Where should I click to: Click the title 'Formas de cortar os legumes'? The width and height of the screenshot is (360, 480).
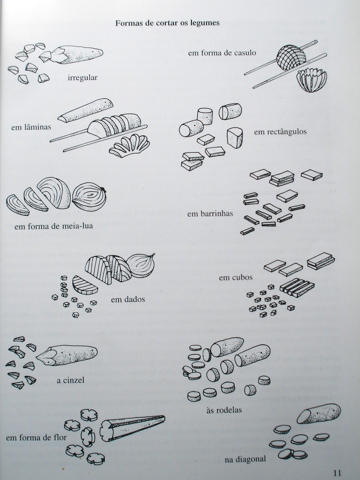168,23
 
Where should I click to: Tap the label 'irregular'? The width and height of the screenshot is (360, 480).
83,78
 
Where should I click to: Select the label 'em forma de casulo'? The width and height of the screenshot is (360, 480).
222,53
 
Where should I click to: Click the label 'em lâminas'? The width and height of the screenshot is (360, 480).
31,127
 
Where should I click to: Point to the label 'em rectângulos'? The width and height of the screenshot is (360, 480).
280,132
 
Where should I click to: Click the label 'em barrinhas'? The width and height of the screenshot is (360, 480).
210,214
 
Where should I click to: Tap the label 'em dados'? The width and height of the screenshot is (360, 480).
128,299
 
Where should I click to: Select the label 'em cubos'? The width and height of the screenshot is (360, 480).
236,277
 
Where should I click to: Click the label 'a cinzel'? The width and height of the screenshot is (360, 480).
70,380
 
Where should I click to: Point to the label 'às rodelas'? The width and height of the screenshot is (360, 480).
224,410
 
